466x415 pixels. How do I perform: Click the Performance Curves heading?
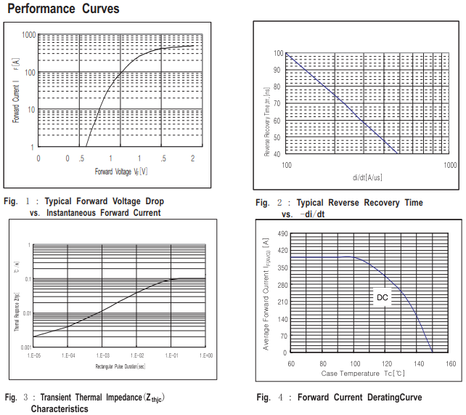[x=63, y=9]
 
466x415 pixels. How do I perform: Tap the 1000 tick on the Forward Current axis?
[x=29, y=35]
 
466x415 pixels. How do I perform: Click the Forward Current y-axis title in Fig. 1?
[x=16, y=91]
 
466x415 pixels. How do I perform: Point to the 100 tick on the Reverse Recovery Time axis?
[x=277, y=54]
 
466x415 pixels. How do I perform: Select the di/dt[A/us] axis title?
[x=367, y=177]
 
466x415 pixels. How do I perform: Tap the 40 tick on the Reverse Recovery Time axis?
[x=279, y=154]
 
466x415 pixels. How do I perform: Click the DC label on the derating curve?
[x=383, y=297]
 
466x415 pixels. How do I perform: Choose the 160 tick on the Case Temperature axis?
[x=450, y=363]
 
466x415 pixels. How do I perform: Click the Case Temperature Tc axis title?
[x=363, y=373]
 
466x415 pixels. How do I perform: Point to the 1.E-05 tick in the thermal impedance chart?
[x=33, y=355]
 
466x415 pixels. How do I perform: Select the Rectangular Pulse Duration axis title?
[x=120, y=366]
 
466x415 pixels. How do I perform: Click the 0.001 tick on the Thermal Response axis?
[x=24, y=347]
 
